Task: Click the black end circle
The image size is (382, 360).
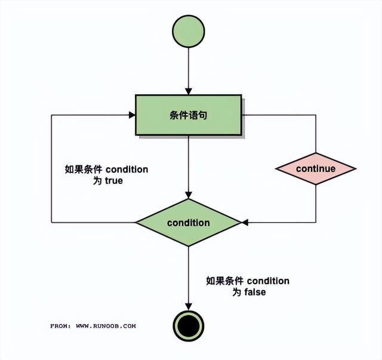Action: pyautogui.click(x=189, y=327)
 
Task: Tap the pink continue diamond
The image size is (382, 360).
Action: pyautogui.click(x=315, y=168)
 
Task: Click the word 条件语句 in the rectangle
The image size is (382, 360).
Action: pyautogui.click(x=189, y=115)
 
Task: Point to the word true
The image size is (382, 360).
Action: pyautogui.click(x=113, y=180)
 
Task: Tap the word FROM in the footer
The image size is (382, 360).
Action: pyautogui.click(x=60, y=326)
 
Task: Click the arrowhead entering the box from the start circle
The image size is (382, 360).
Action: pyautogui.click(x=189, y=90)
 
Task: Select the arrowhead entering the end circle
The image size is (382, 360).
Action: pyautogui.click(x=189, y=306)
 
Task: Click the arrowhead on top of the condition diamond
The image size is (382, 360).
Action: pyautogui.click(x=189, y=195)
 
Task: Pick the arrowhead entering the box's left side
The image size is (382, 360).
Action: pyautogui.click(x=131, y=115)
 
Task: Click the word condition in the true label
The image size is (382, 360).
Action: pyautogui.click(x=127, y=170)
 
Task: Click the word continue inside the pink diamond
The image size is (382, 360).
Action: pyautogui.click(x=315, y=168)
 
